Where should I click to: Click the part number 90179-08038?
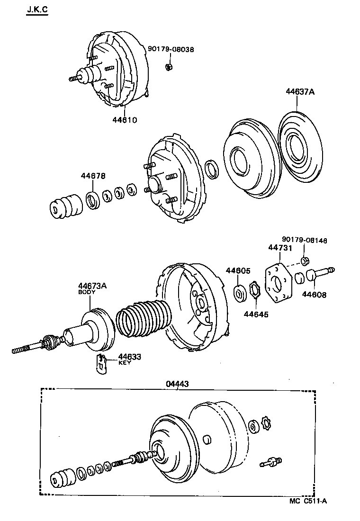pos(171,49)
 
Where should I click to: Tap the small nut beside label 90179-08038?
pos(169,66)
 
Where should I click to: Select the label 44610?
pos(125,120)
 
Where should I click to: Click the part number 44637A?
pos(299,92)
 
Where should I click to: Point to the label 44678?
pos(93,176)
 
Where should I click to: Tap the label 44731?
pos(280,248)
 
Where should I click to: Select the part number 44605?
pos(238,270)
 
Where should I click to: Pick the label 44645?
pos(256,314)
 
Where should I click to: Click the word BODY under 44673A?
pos(87,292)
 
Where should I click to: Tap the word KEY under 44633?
pos(124,362)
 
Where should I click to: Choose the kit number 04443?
pos(177,384)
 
